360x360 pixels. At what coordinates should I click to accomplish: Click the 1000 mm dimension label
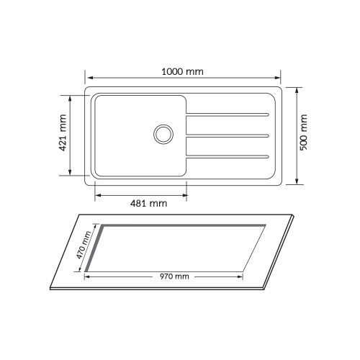click(182, 71)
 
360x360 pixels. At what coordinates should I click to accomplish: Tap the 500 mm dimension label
click(303, 132)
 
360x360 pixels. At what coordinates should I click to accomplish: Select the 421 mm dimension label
click(63, 132)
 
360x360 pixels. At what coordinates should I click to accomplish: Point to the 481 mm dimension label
click(149, 204)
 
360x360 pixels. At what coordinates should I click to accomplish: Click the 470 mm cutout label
click(84, 245)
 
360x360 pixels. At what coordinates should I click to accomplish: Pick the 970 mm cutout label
click(174, 276)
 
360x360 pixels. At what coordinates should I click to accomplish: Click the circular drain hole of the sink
click(163, 135)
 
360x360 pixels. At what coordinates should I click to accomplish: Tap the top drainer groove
click(228, 114)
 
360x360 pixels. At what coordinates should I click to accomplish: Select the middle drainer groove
click(228, 136)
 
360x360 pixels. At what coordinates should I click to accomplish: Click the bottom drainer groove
click(228, 157)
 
